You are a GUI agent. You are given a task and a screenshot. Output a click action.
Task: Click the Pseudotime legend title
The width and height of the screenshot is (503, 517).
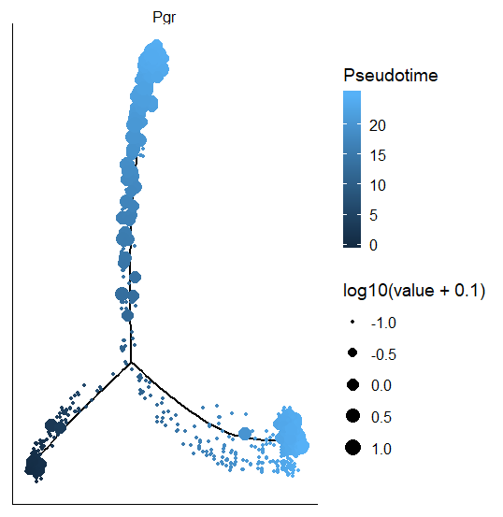(x=391, y=75)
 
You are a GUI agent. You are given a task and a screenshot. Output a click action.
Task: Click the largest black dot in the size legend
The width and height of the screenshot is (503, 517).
(x=352, y=449)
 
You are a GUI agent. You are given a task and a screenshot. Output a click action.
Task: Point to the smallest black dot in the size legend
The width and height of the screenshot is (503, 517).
(x=352, y=322)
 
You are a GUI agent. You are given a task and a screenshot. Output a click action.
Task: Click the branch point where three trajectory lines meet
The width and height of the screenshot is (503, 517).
(x=132, y=362)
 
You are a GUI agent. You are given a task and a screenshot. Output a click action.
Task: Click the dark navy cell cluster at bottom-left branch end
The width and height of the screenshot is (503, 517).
(x=36, y=464)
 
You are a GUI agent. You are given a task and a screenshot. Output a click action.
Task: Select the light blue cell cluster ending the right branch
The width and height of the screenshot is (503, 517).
(x=291, y=431)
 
